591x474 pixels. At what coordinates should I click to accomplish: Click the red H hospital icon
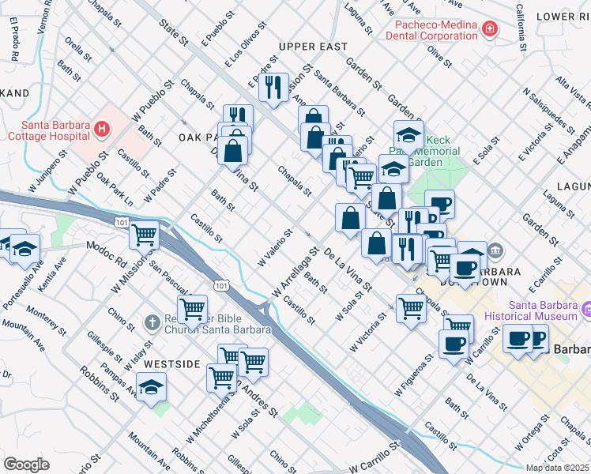coord(101,128)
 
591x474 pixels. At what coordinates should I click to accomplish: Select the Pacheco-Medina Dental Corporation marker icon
coord(490,30)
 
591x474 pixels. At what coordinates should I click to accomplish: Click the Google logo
coord(27,464)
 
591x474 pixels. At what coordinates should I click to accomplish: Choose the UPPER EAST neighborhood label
coord(313,47)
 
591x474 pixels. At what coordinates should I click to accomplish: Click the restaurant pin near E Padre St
coord(273,87)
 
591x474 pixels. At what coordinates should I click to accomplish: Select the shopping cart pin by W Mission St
coord(145,235)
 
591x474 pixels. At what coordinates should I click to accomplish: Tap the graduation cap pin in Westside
coord(151,387)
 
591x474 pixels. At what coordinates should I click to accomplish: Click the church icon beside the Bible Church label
coord(152,322)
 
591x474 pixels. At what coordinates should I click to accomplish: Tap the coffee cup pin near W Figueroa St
coord(454,344)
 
